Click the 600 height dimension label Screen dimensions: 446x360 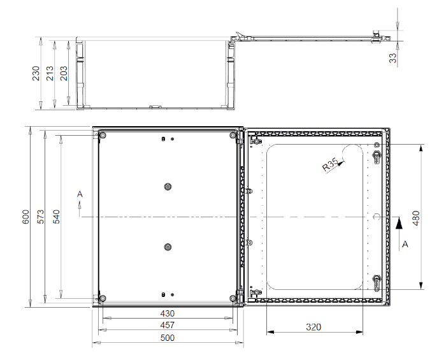(25, 217)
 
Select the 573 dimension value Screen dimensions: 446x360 (41, 217)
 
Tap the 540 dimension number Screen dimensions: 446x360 (57, 217)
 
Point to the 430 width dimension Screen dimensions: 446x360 (167, 313)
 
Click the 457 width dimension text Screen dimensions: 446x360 (167, 325)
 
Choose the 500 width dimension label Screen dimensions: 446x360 (167, 338)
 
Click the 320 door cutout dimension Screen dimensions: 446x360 (313, 327)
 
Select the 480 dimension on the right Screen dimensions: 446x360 (416, 218)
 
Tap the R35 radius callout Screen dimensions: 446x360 (330, 164)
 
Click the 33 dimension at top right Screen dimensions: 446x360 (392, 58)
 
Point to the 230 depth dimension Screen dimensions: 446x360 (36, 73)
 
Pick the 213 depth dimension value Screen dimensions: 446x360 (50, 73)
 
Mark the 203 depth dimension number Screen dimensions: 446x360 (64, 73)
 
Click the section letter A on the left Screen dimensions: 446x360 (80, 194)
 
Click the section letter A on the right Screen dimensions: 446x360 (405, 244)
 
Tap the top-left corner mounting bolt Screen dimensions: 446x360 (103, 136)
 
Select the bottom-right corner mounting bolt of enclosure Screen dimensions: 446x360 (233, 298)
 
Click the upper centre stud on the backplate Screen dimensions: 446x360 (168, 187)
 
